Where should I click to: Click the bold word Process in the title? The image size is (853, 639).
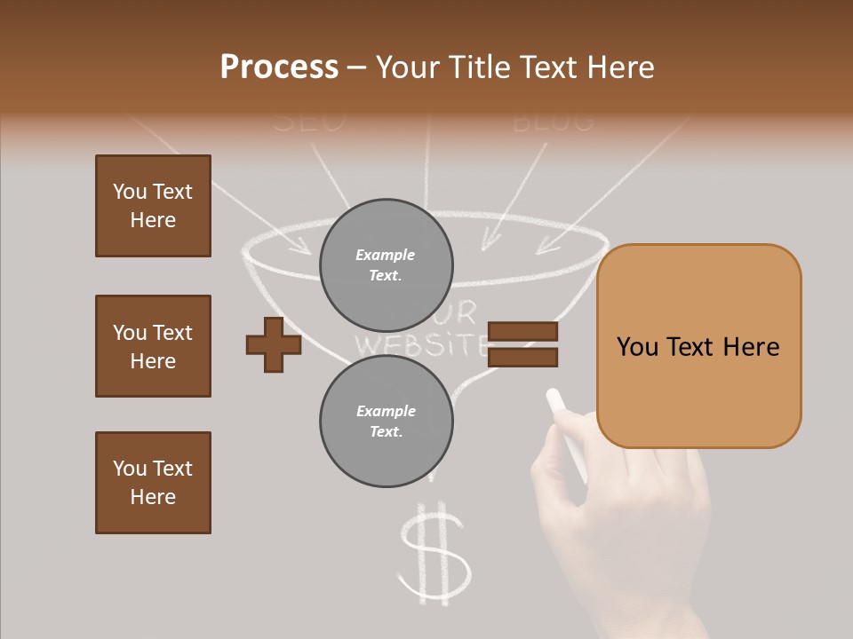point(279,67)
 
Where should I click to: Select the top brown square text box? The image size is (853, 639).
point(153,206)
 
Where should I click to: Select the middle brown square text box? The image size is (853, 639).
point(153,346)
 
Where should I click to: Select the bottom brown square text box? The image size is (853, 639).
point(153,483)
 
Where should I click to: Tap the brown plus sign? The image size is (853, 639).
point(274,343)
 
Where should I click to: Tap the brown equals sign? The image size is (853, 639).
point(523,344)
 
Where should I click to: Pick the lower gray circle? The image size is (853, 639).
point(387,422)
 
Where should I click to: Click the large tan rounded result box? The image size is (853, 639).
point(698,346)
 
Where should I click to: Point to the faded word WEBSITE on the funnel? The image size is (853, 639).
point(421,343)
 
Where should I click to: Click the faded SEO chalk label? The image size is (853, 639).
point(308,122)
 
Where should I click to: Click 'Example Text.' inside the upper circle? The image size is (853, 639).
point(386,265)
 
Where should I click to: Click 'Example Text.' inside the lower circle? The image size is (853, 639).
point(386,422)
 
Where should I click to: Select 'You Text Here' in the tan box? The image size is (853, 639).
point(698,347)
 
